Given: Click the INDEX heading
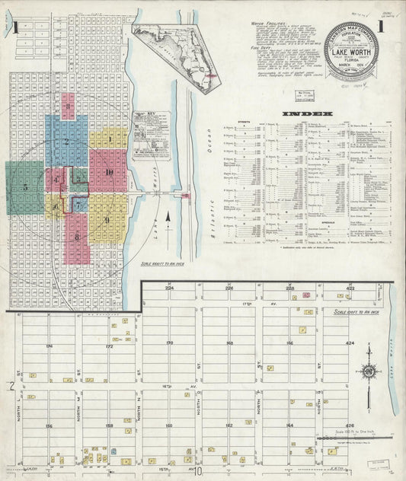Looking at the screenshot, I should point(307,114).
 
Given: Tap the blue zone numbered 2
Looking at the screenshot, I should point(66,142).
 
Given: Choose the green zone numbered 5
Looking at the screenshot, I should point(25,186).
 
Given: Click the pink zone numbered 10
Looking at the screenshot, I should point(108,172).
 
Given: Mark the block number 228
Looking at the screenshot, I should point(290,289).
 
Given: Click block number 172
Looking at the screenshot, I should point(109,346).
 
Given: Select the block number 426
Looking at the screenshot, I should point(350,425).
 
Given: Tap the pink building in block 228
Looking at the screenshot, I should point(305,295).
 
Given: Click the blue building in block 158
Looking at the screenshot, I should point(113,451).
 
